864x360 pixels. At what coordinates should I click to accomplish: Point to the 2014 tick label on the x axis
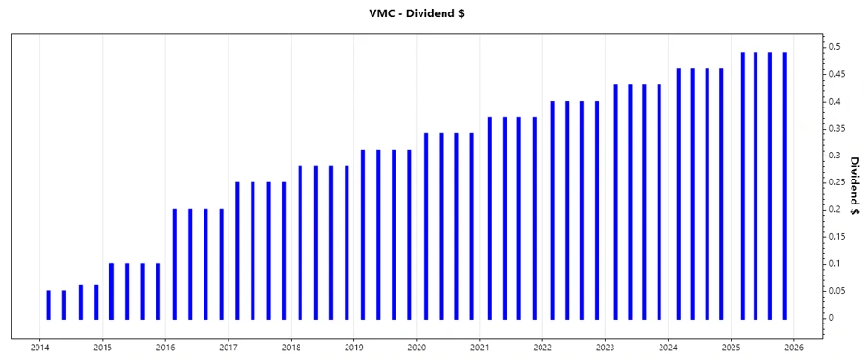point(40,348)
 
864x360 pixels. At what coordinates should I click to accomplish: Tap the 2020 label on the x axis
point(417,348)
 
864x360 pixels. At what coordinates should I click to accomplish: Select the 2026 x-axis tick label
point(793,348)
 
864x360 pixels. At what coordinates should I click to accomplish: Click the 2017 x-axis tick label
point(228,348)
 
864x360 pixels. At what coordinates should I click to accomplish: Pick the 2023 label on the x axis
point(605,348)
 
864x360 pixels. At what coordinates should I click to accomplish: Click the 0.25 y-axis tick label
point(837,182)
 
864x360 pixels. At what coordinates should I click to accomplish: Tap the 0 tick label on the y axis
point(831,318)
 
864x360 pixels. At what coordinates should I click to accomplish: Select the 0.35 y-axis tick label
point(837,128)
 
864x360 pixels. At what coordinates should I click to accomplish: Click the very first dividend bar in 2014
point(49,304)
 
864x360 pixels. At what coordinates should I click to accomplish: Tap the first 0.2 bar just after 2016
point(175,264)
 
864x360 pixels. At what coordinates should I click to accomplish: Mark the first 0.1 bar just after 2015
point(111,291)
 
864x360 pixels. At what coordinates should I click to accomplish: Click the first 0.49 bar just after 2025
point(742,185)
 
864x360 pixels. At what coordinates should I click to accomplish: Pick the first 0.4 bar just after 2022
point(553,209)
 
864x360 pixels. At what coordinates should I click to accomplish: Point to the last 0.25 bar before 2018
point(284,251)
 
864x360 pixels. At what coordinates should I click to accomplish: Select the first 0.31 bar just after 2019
point(363,234)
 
